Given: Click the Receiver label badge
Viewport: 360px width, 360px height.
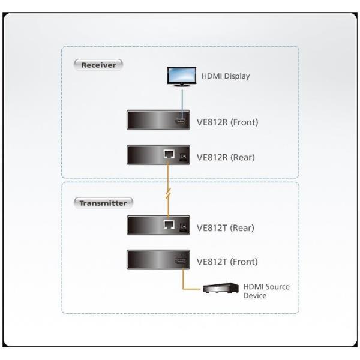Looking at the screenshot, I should (98, 64).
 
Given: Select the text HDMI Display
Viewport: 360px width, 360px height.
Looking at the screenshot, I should (226, 76).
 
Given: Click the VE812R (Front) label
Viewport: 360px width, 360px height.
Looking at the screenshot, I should (227, 122).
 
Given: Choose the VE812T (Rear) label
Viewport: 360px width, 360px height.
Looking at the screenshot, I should (226, 227).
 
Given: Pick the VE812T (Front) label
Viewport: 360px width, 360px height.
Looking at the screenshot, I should (227, 262).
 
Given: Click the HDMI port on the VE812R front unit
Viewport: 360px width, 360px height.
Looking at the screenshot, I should (180, 122).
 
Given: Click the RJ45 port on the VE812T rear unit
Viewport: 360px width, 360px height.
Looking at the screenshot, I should (169, 225).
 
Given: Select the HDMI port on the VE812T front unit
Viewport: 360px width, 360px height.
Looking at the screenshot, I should (180, 261).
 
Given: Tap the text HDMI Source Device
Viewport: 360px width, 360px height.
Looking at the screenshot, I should (266, 291).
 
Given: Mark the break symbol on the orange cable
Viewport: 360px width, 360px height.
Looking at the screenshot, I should (169, 193).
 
